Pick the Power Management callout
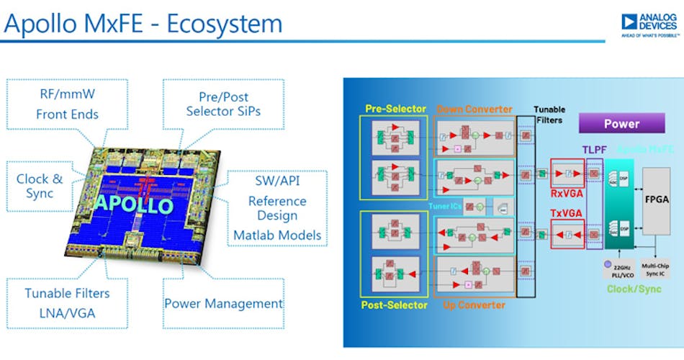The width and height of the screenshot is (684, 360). pyautogui.click(x=223, y=303)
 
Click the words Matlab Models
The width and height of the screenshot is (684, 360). pyautogui.click(x=277, y=235)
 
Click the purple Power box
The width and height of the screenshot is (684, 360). pyautogui.click(x=621, y=123)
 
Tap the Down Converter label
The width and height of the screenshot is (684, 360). pyautogui.click(x=474, y=109)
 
